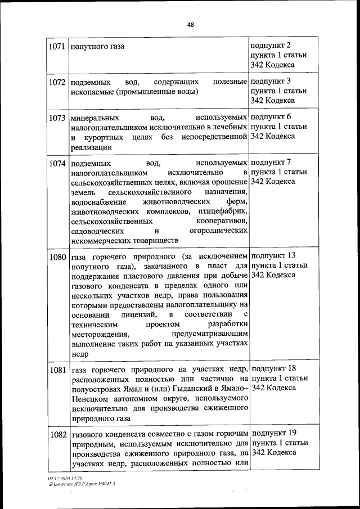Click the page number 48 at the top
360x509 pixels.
190,25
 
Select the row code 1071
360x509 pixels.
57,46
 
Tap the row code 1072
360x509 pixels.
57,83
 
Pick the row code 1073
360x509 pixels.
57,119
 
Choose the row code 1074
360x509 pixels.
57,164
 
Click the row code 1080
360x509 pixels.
57,257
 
